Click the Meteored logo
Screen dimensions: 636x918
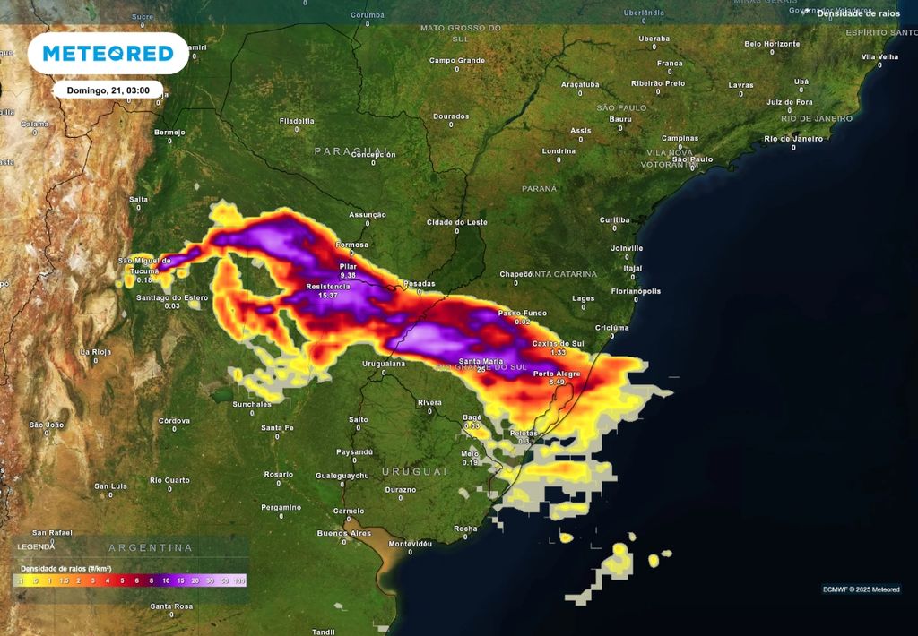point(108,54)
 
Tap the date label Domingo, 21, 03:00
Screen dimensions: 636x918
point(108,90)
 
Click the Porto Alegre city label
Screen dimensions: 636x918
point(556,374)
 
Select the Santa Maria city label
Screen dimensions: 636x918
point(481,361)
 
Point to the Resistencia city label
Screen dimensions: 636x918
point(328,287)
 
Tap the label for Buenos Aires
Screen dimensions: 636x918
point(343,533)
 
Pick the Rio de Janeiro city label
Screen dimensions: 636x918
point(793,139)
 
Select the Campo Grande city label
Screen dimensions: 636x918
point(456,60)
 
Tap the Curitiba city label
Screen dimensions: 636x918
point(615,219)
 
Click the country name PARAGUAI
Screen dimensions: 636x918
point(350,151)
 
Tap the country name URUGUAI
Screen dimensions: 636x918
point(414,471)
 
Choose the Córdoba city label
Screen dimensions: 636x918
point(174,420)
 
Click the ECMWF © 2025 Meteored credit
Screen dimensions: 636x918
point(861,589)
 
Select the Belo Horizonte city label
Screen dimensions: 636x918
point(771,43)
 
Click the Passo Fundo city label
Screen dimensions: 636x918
point(522,313)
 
